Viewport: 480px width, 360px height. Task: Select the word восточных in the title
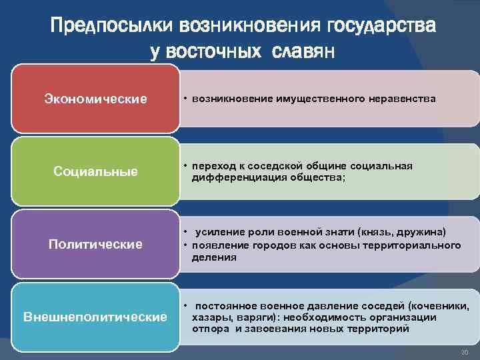click(215, 52)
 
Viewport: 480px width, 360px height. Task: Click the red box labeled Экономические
click(95, 99)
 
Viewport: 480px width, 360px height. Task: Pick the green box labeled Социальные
click(95, 172)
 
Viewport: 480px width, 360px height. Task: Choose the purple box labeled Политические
click(95, 244)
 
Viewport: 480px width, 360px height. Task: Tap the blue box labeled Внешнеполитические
click(95, 316)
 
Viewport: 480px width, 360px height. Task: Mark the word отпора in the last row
click(209, 329)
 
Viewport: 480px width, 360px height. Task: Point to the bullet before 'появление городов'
click(187, 245)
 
